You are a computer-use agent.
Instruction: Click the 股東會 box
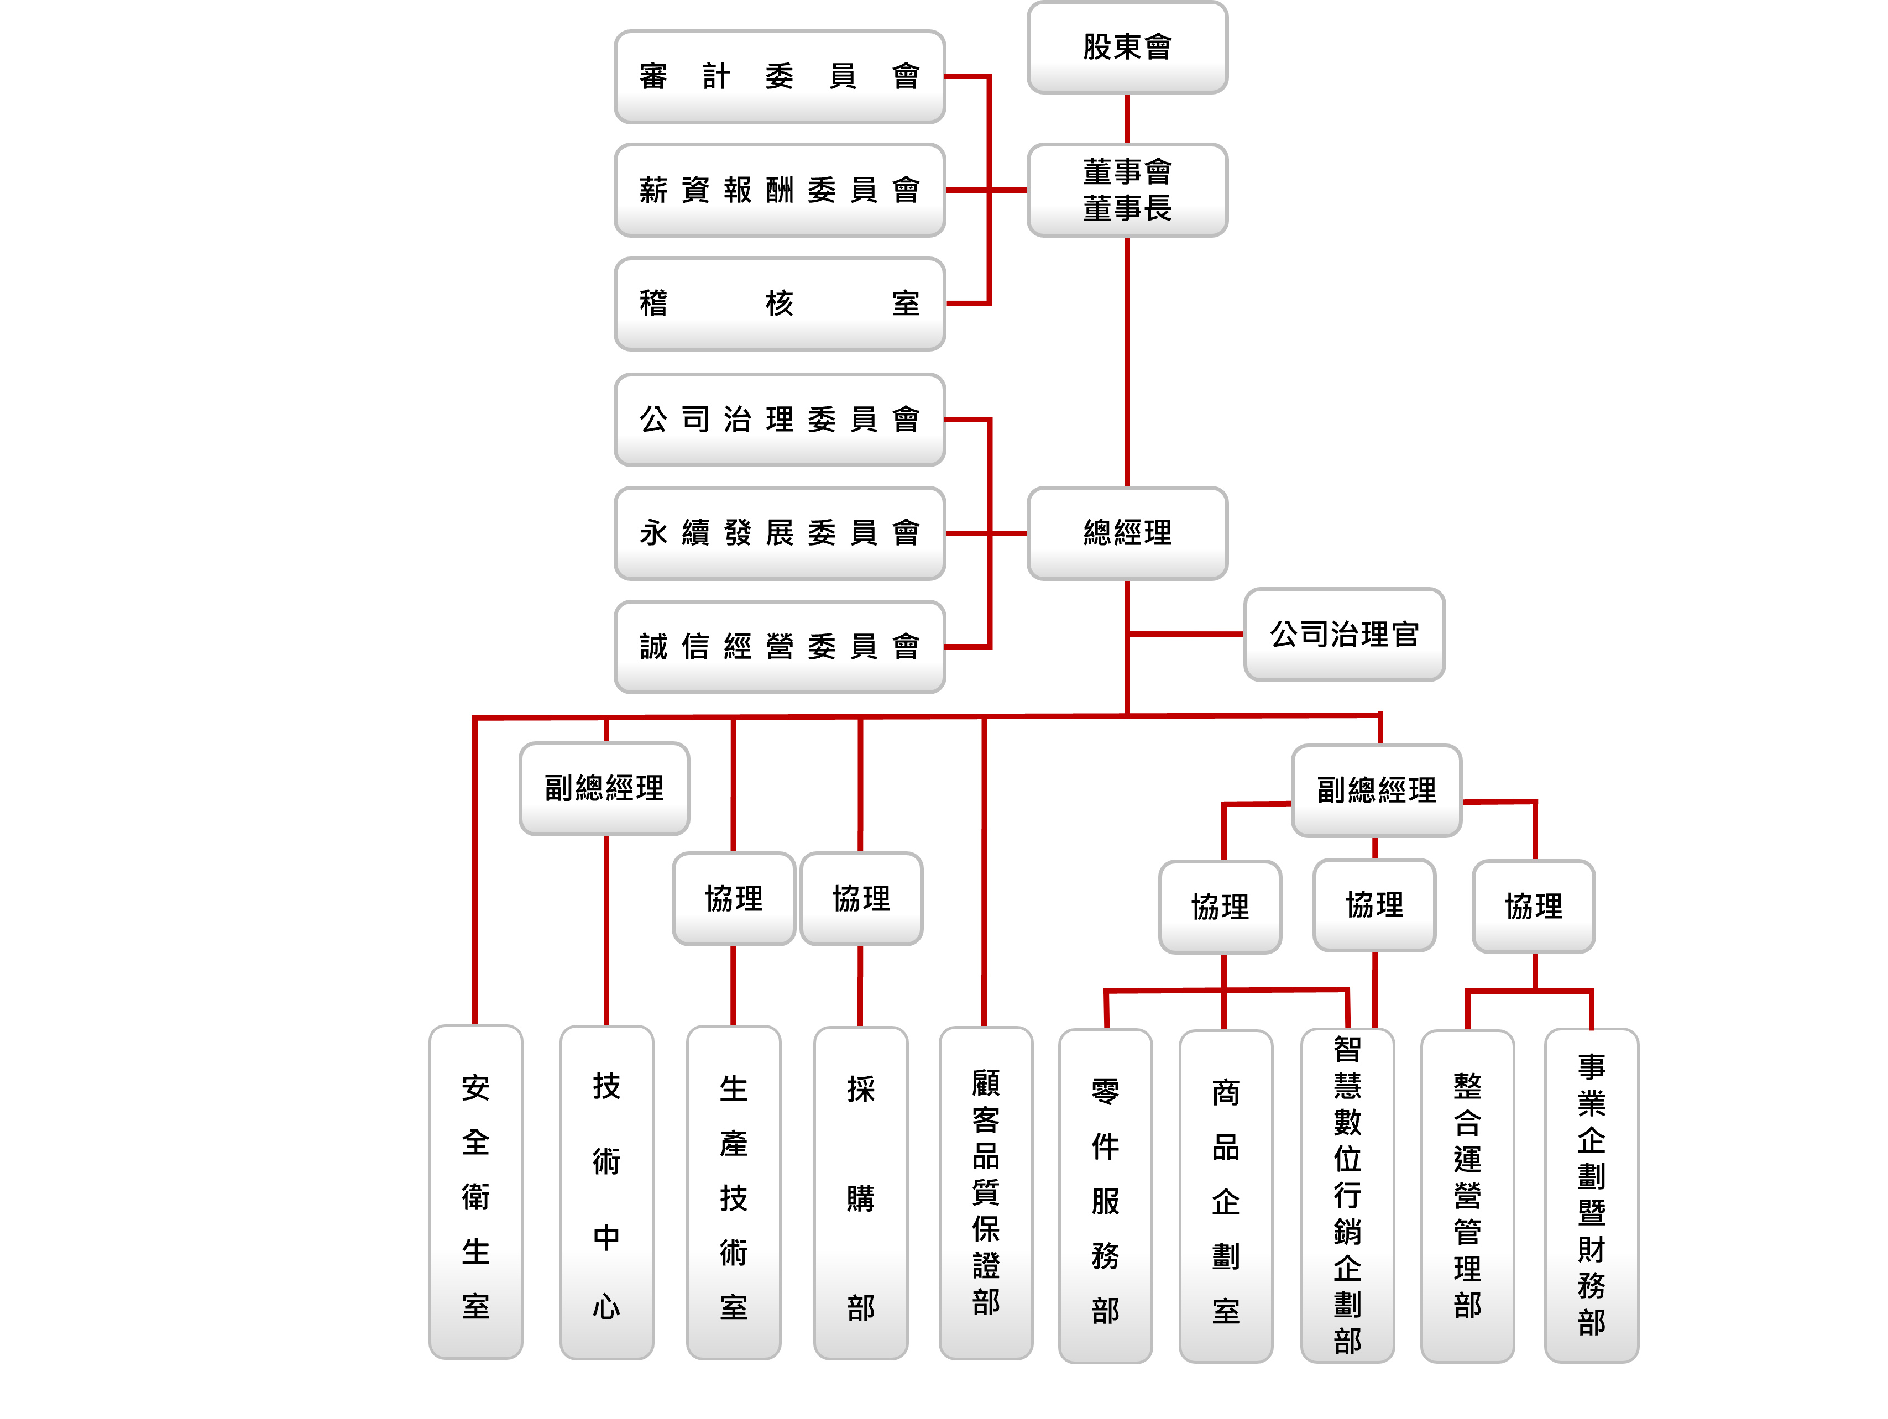pyautogui.click(x=1127, y=47)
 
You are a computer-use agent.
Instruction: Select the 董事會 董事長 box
pyautogui.click(x=1127, y=190)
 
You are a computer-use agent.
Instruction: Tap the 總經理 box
pyautogui.click(x=1127, y=532)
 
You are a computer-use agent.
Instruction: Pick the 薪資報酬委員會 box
pyautogui.click(x=780, y=190)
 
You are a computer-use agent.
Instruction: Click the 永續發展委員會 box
pyautogui.click(x=780, y=532)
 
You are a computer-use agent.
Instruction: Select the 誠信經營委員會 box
pyautogui.click(x=780, y=646)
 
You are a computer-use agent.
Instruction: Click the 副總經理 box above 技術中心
pyautogui.click(x=604, y=788)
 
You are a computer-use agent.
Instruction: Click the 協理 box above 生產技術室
pyautogui.click(x=733, y=898)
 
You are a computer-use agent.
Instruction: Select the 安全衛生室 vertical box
pyautogui.click(x=475, y=1192)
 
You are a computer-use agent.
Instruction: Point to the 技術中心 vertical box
pyautogui.click(x=606, y=1192)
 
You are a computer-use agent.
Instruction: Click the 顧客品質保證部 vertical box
pyautogui.click(x=986, y=1192)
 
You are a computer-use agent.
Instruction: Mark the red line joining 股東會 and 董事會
pyautogui.click(x=1127, y=118)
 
